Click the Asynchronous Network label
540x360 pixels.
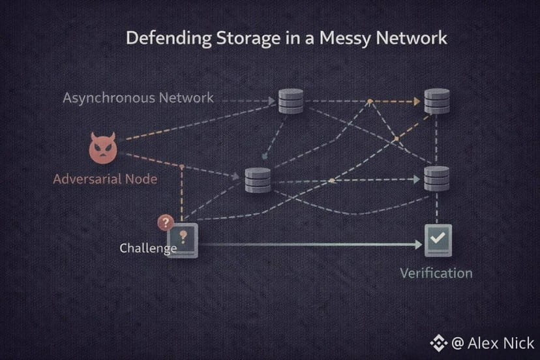[x=138, y=98]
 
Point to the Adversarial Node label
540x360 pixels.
[x=105, y=179]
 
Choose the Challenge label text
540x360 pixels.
[x=148, y=248]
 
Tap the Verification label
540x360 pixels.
[x=436, y=273]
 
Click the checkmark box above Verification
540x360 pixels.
[x=438, y=240]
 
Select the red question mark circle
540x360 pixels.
[x=165, y=223]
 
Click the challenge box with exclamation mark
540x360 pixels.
[x=183, y=241]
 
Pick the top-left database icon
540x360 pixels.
[x=291, y=102]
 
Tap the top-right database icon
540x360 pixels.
[x=437, y=102]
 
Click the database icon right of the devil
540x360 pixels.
[x=258, y=179]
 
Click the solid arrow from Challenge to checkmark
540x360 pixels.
[x=307, y=245]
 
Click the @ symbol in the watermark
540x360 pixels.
[x=458, y=343]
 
